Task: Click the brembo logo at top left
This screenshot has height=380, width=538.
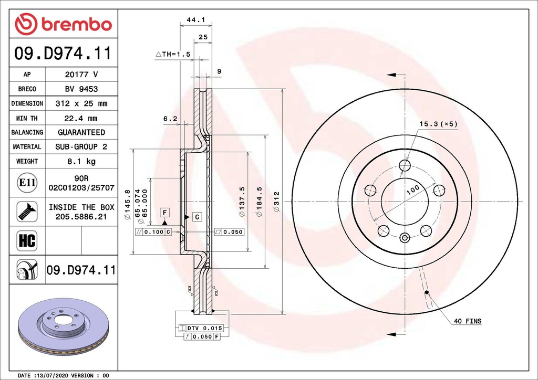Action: pyautogui.click(x=63, y=24)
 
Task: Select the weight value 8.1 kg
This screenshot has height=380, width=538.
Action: pyautogui.click(x=81, y=161)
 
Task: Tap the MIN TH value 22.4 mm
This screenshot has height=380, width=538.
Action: pyautogui.click(x=81, y=118)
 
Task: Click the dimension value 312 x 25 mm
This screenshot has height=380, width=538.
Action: pyautogui.click(x=81, y=103)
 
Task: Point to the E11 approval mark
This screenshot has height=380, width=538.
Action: pyautogui.click(x=26, y=183)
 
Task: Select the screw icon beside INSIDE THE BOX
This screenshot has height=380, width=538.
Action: pyautogui.click(x=26, y=211)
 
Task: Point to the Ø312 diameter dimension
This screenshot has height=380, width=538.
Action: pyautogui.click(x=276, y=202)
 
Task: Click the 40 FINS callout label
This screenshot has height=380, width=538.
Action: pyautogui.click(x=467, y=321)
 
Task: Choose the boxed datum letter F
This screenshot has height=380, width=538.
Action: pyautogui.click(x=164, y=212)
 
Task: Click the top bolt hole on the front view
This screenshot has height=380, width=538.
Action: pyautogui.click(x=405, y=166)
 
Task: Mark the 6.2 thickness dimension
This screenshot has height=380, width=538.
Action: pyautogui.click(x=169, y=119)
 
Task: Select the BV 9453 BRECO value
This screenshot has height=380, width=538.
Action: pyautogui.click(x=81, y=89)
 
